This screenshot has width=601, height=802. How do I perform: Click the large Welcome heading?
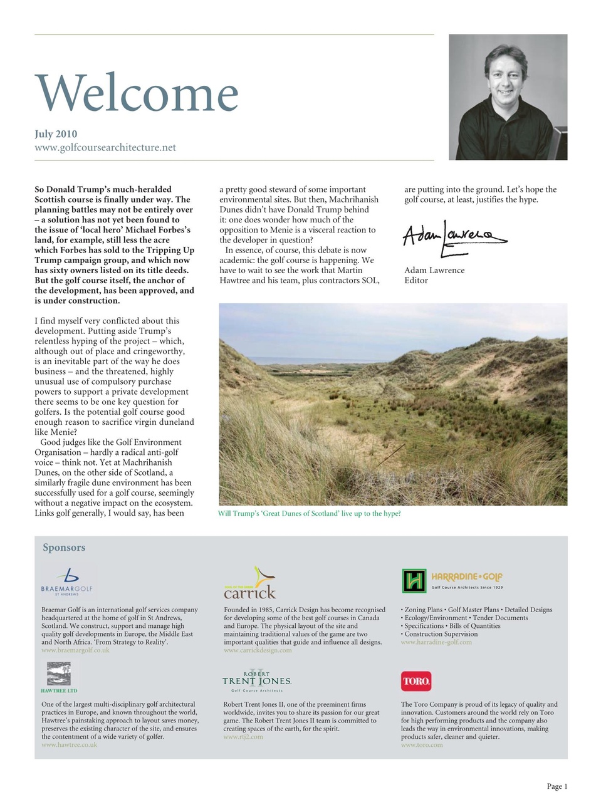point(137,93)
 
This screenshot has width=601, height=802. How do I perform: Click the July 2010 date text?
point(56,133)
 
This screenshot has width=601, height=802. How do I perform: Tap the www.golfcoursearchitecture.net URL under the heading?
point(105,148)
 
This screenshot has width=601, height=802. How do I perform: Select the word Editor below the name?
point(416,281)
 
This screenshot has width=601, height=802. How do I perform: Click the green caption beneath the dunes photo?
point(309,513)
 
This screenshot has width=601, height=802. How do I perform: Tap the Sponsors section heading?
point(64,548)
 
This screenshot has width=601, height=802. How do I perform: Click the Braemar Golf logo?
point(66,581)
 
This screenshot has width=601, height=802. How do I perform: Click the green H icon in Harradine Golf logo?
point(414,581)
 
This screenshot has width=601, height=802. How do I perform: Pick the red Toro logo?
point(416,681)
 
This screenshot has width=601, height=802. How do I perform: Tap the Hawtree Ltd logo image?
point(59,675)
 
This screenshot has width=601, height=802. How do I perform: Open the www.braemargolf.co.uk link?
point(75,650)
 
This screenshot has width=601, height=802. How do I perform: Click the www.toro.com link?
point(422,745)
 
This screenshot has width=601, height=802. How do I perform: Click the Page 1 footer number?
point(557,786)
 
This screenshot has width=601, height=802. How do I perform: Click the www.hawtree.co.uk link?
point(70,745)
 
